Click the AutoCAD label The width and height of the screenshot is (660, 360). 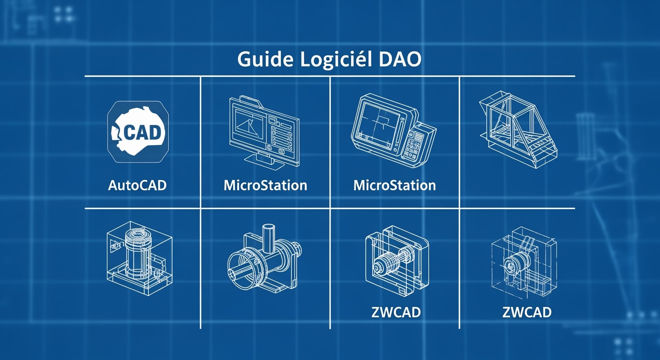coord(137,185)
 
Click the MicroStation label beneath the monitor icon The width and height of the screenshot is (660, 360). coord(265,185)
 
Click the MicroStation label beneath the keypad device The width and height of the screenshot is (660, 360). coord(395,185)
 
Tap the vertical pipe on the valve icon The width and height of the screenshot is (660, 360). coord(269,240)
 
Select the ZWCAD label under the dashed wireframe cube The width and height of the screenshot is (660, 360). coord(526,312)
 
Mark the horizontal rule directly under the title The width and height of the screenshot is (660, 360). coord(330,76)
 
